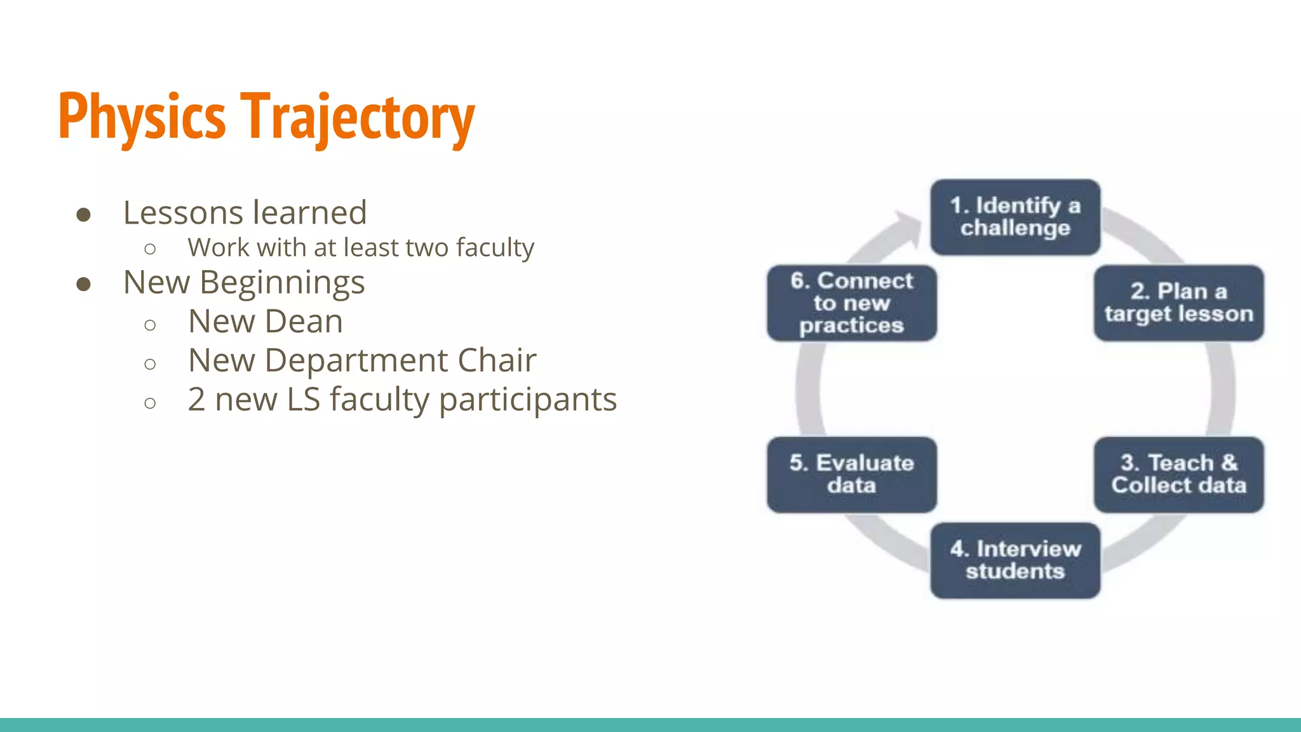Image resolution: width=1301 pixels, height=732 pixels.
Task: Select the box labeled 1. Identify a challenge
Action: click(x=1015, y=217)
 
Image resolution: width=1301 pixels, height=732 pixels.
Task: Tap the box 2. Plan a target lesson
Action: click(x=1178, y=303)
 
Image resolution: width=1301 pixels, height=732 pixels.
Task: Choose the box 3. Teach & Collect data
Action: click(x=1178, y=474)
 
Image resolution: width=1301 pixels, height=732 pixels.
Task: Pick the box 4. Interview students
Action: click(x=1015, y=560)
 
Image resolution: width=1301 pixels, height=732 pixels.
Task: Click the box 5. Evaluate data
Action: click(x=851, y=474)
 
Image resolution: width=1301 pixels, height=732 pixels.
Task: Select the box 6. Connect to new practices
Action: click(x=851, y=303)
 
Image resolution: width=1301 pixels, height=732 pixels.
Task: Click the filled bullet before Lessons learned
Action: click(x=83, y=214)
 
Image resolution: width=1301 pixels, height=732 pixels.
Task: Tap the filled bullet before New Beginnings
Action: click(x=83, y=284)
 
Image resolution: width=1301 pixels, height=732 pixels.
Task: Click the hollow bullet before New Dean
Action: click(x=150, y=325)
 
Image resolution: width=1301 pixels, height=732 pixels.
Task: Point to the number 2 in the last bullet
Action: click(x=196, y=400)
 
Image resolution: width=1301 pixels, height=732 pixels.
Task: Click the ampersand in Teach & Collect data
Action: click(x=1229, y=463)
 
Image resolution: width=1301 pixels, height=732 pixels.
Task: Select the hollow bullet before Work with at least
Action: click(x=150, y=249)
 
